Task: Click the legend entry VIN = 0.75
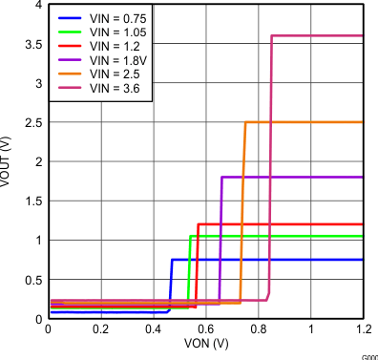click(112, 18)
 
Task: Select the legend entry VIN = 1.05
click(112, 32)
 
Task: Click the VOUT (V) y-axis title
click(9, 161)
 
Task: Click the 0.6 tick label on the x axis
click(206, 329)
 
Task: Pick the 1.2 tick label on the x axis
click(363, 329)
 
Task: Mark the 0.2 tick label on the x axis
click(101, 329)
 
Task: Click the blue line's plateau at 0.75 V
click(267, 260)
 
